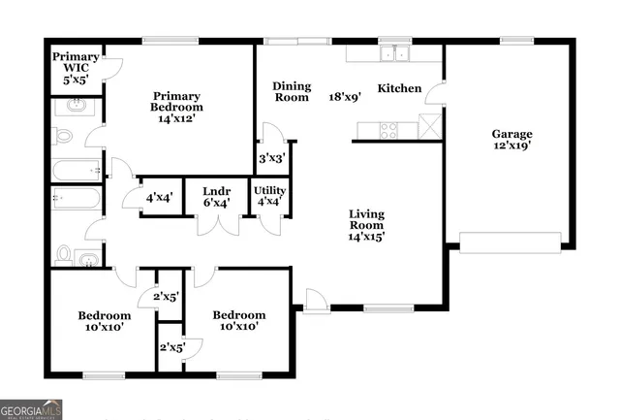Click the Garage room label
point(511,134)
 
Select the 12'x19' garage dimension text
point(511,147)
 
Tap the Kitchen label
point(399,88)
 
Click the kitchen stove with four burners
point(390,126)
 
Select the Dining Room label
point(291,91)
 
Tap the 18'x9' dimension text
point(345,97)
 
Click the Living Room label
point(367,220)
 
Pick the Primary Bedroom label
point(176,103)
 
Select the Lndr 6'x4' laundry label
point(215,197)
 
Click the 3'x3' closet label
point(271,158)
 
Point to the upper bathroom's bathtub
point(76,172)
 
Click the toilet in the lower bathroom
point(64,255)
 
